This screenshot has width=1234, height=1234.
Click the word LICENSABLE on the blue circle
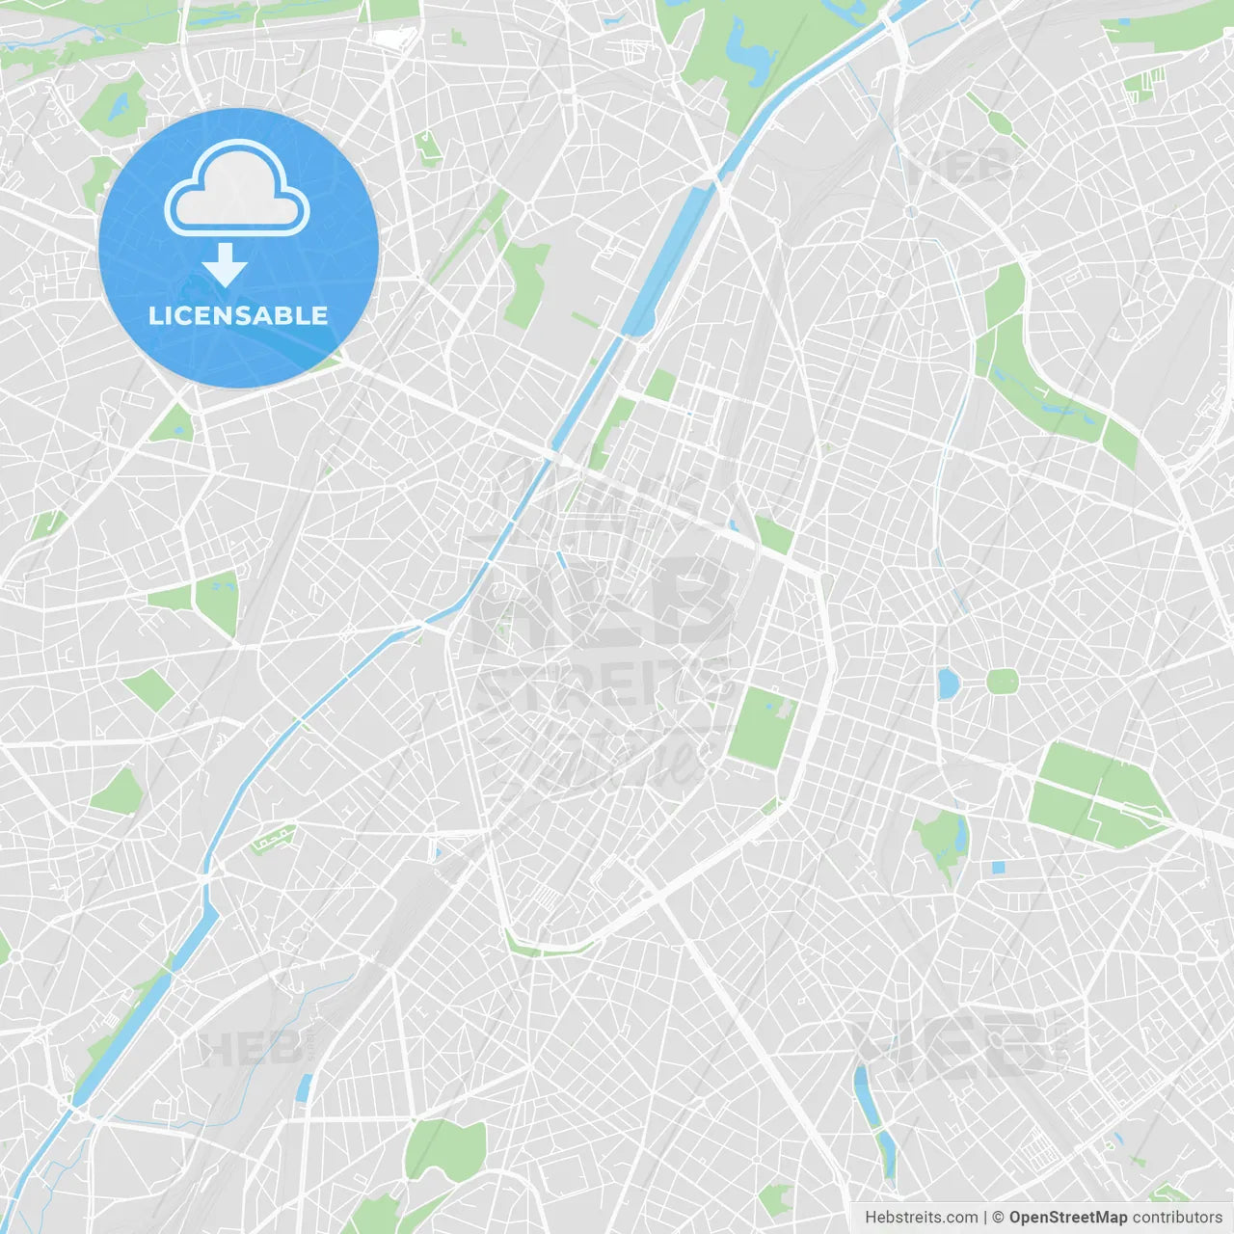click(238, 315)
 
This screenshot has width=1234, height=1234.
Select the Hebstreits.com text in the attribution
click(922, 1218)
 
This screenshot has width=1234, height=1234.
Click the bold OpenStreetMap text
click(1068, 1218)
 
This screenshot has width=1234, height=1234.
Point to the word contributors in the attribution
click(1177, 1218)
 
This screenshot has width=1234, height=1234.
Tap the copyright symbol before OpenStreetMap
click(998, 1218)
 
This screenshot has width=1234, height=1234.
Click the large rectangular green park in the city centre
click(760, 727)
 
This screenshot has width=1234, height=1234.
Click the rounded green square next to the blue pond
click(1002, 682)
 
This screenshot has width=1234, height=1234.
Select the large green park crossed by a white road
click(1094, 795)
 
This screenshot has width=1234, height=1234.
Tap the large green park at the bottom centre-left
click(445, 1147)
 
